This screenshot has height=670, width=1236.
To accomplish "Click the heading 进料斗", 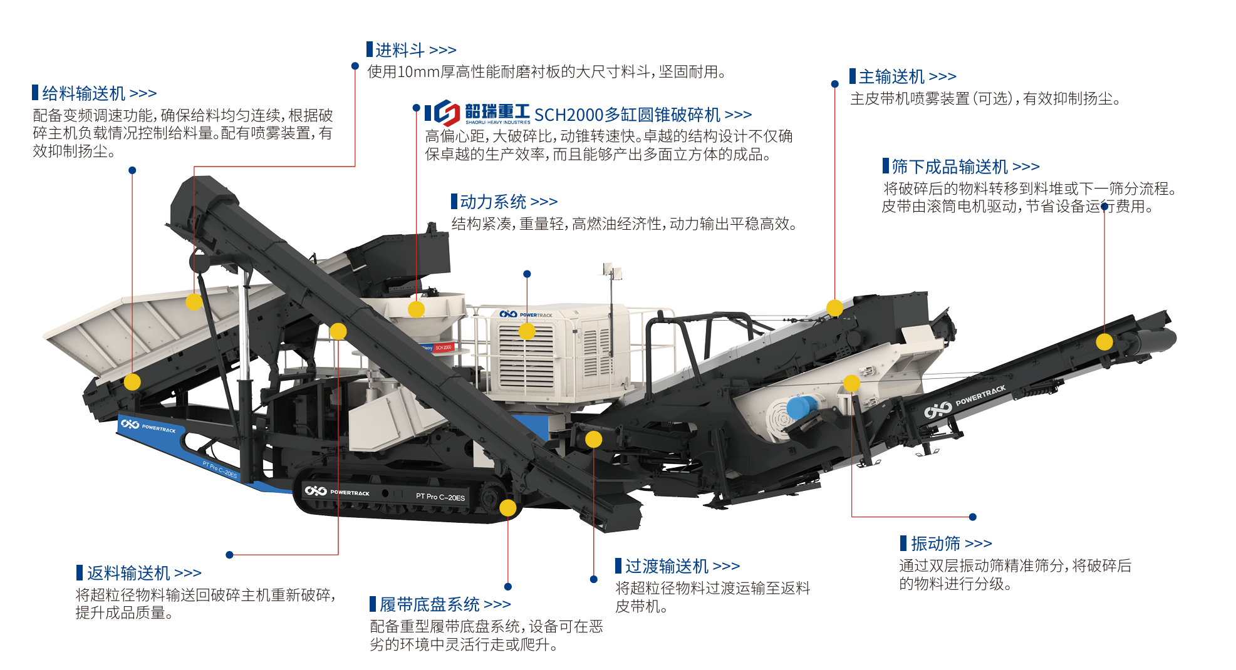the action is point(400,49).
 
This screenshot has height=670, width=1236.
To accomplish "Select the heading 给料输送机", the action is point(84,93).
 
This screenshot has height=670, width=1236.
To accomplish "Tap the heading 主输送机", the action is point(891,76).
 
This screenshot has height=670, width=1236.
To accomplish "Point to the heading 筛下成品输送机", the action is point(950,167).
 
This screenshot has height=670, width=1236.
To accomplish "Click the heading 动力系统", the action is point(493,202).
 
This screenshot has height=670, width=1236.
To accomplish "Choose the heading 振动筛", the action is point(935,543).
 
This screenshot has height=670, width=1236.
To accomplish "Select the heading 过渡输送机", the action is point(667,566).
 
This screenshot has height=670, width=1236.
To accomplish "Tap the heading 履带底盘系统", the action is point(430,604).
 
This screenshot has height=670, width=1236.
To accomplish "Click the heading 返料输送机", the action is point(128,573).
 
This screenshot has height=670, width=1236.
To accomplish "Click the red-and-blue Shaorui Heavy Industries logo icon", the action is point(447,113).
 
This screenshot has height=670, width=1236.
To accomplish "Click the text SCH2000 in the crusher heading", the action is point(568,115).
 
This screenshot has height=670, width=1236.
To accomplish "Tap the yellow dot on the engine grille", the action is point(527,331).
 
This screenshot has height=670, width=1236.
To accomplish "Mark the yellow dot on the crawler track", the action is point(508,508).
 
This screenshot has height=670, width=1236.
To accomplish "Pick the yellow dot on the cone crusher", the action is point(417,309).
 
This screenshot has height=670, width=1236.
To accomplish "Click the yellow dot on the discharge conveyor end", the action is point(1104,342).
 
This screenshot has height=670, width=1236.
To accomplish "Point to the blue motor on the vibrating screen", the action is point(801,407).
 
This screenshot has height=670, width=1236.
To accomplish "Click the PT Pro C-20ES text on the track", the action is point(440,497).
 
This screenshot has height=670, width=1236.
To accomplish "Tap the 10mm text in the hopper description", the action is point(418,72).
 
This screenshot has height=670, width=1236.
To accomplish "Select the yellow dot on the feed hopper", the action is point(194,302).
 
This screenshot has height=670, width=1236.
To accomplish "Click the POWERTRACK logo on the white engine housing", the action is point(526,314).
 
